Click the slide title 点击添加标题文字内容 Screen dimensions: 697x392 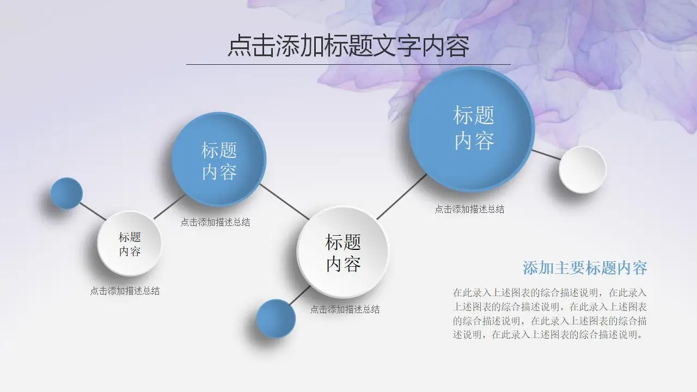tap(348, 46)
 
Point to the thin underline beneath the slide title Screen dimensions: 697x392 tap(348, 64)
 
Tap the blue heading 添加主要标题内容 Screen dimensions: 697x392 tap(585, 268)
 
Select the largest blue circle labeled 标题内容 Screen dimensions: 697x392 tap(472, 129)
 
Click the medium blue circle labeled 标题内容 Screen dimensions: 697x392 tap(219, 160)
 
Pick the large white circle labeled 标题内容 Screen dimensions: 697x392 tap(343, 252)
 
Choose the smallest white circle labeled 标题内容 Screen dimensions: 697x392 tap(130, 243)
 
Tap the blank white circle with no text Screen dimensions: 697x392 tap(583, 170)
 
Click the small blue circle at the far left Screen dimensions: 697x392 tap(66, 193)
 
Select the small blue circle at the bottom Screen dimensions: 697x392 tap(276, 318)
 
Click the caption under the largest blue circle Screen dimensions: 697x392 tap(469, 209)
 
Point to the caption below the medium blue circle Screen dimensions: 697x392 tap(215, 222)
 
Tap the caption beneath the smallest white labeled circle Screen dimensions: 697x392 tap(125, 291)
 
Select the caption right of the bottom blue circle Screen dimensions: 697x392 tap(345, 309)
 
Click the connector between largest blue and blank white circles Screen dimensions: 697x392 tap(546, 155)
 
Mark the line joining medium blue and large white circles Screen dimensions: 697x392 tap(285, 201)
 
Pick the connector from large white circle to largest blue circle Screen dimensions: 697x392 tap(401, 197)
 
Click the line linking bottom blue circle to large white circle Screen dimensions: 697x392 tap(300, 295)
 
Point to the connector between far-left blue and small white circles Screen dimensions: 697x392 tap(93, 211)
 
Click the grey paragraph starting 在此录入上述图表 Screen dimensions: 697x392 tap(550, 314)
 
